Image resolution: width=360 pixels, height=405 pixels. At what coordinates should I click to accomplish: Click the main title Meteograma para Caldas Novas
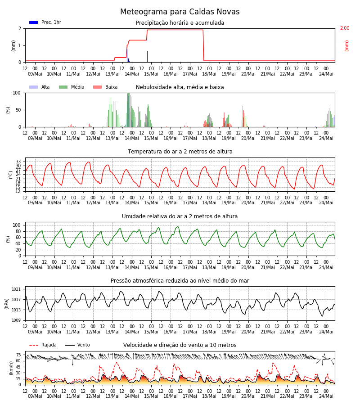(x=180, y=12)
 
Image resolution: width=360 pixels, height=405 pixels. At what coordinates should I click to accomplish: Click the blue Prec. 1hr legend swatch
(x=34, y=22)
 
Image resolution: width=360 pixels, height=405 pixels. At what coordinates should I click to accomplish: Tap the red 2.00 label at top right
(x=345, y=28)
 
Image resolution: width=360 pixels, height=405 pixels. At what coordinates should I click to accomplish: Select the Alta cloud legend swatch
(x=34, y=87)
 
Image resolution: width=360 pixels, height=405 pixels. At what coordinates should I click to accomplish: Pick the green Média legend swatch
(x=63, y=87)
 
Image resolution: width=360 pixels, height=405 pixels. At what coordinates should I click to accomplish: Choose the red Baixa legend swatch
(x=97, y=87)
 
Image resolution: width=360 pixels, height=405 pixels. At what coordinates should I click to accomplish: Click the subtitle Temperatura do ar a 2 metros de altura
(x=180, y=152)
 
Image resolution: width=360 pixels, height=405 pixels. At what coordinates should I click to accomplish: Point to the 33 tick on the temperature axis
(x=18, y=162)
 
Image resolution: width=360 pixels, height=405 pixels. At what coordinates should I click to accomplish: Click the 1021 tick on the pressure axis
(x=16, y=289)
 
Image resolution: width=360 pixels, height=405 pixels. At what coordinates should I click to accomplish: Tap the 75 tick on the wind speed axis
(x=18, y=355)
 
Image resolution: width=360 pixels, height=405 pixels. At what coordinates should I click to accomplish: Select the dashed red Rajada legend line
(x=34, y=345)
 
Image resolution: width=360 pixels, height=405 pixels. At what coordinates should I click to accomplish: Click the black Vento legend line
(x=70, y=345)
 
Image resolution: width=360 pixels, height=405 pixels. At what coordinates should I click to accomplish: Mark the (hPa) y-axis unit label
(x=7, y=304)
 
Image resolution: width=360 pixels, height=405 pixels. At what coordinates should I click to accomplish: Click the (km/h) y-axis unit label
(x=11, y=368)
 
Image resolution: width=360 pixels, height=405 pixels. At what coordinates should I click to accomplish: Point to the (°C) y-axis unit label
(x=11, y=175)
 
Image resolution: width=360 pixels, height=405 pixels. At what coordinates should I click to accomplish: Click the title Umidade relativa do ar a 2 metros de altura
(x=180, y=216)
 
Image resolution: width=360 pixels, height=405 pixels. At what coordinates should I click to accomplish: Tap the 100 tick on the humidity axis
(x=17, y=225)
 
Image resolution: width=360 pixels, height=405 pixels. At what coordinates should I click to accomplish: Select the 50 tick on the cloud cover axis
(x=18, y=110)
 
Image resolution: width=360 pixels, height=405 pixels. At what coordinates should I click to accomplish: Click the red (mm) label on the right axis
(x=346, y=46)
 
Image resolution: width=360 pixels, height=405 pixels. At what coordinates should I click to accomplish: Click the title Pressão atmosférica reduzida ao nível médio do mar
(x=180, y=281)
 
